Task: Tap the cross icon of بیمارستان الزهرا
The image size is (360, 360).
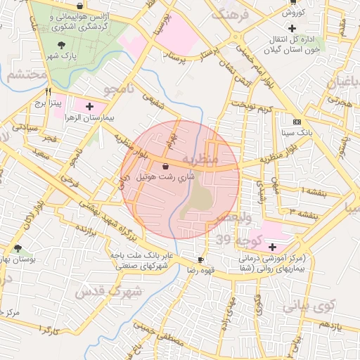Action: click(89, 107)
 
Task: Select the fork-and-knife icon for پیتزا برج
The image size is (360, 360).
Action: click(48, 91)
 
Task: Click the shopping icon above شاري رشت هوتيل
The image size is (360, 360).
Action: click(165, 167)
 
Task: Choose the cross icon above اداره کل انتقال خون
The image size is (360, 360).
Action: click(292, 28)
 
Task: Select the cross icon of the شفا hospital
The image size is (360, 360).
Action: click(271, 247)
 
